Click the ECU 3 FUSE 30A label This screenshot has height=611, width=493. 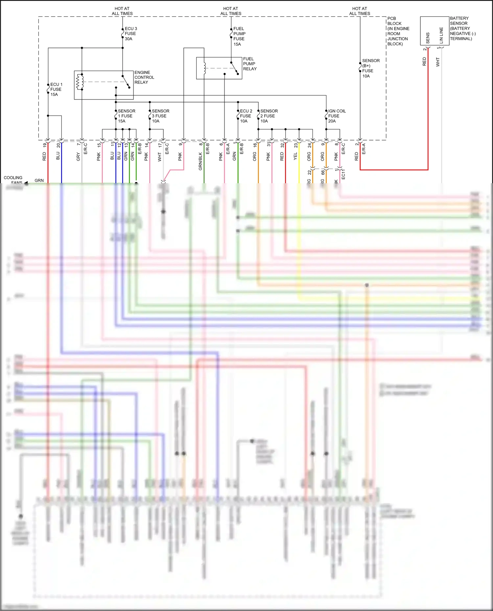pos(130,34)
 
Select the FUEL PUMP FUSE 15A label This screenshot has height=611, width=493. pos(239,36)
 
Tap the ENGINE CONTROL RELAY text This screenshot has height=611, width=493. pos(144,77)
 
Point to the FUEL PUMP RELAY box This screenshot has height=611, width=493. pos(219,68)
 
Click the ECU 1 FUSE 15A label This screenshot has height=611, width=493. pos(56,89)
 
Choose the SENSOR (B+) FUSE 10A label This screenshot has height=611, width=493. pos(370,68)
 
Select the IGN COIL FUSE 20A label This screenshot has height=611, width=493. pos(337,116)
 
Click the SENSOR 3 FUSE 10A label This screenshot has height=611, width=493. pos(160,116)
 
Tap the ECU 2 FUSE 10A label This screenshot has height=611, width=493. pos(246,116)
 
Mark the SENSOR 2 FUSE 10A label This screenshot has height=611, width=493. pos(269,116)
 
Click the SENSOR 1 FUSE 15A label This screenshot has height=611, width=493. pos(126,116)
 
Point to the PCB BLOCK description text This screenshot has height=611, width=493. pos(398,31)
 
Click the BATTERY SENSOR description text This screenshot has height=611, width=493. pos(462,29)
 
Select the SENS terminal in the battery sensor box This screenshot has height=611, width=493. pos(428,38)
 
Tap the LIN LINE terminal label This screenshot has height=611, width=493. pos(441,35)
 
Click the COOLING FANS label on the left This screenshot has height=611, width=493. pos(13,180)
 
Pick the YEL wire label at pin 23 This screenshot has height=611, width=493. pos(295,156)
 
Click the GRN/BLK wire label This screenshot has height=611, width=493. pos(200,161)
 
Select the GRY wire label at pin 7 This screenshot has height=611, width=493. pos(78,157)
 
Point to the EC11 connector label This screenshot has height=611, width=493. pos(343,174)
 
